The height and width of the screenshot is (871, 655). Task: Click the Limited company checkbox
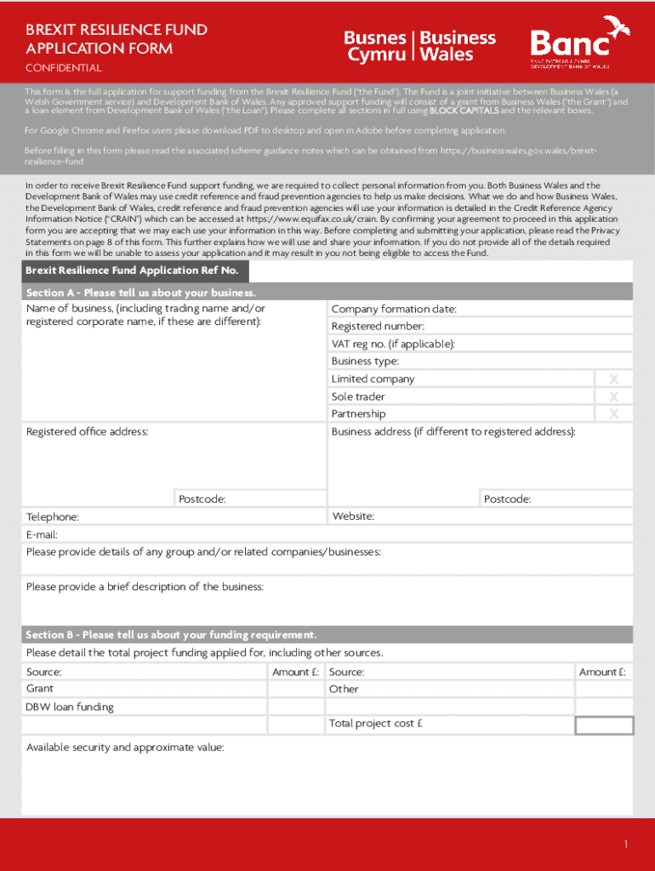coord(613,379)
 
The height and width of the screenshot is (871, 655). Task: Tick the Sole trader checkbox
coord(613,396)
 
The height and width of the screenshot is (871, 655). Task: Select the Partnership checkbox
coord(613,413)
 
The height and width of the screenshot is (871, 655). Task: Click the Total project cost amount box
coord(604,725)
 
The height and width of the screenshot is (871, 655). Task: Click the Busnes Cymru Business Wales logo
coord(419,46)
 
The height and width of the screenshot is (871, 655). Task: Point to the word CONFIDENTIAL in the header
coord(63,68)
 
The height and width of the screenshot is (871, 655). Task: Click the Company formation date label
coord(394,309)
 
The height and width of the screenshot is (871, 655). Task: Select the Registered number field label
coord(378,327)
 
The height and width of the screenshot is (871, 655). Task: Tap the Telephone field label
coord(53,516)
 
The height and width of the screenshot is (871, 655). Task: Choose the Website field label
coord(352,516)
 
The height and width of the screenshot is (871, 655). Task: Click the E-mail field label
coord(42,534)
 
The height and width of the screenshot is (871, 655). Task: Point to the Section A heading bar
coord(327,293)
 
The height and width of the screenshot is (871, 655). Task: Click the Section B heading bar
coord(327,635)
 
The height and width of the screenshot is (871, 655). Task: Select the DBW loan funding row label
coord(70,707)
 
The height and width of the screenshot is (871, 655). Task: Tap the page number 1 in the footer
coord(625,844)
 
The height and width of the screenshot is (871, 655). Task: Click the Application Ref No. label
coord(132,271)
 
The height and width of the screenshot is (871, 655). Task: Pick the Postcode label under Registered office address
coord(202,499)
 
